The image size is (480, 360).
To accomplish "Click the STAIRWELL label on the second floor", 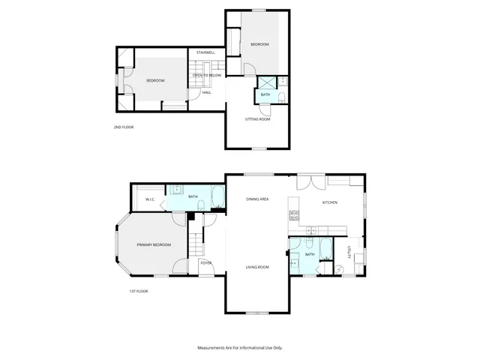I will [205, 53].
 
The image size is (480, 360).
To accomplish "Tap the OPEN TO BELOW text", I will [206, 76].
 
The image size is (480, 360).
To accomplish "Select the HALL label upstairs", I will [206, 92].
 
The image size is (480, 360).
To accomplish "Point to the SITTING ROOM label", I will [258, 119].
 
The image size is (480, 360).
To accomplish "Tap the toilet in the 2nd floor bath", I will [280, 95].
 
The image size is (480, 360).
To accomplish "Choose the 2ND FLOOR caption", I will [123, 127].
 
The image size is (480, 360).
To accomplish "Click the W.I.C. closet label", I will [149, 199].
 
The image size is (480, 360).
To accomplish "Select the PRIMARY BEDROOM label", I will [154, 245].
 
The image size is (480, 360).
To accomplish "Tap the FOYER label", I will [205, 263].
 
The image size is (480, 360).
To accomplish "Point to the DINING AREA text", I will [258, 199].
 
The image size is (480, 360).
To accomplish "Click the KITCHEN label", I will [330, 202].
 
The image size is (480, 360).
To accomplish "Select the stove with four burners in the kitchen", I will [294, 216].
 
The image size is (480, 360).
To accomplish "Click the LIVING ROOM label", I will [258, 267].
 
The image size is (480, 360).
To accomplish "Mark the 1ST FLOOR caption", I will [138, 291].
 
